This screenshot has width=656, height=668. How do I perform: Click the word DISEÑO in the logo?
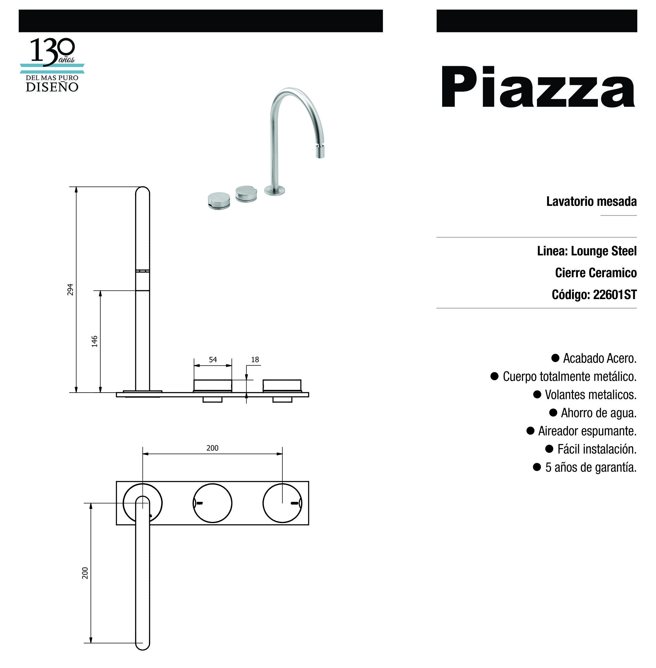pyautogui.click(x=52, y=87)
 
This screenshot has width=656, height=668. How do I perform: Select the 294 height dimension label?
pyautogui.click(x=70, y=290)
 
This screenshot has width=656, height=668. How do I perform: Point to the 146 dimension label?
pyautogui.click(x=94, y=341)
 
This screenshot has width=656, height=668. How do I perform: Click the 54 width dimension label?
pyautogui.click(x=213, y=360)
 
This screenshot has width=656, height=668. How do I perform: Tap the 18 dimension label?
pyautogui.click(x=255, y=360)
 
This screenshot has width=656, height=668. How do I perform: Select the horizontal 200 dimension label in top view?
pyautogui.click(x=212, y=448)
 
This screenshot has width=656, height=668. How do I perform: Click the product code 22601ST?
pyautogui.click(x=615, y=294)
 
